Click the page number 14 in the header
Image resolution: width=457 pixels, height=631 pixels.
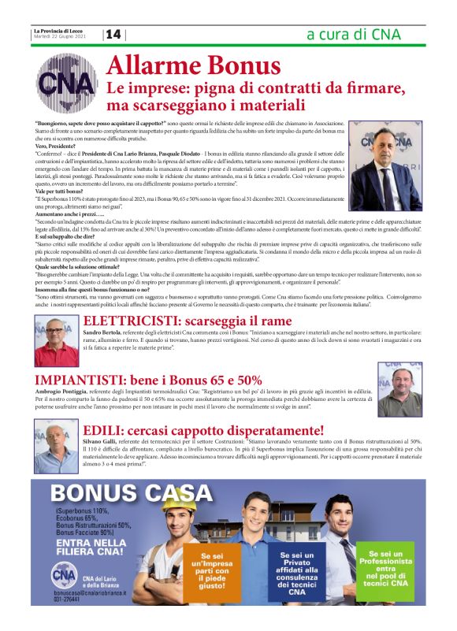pos(114,35)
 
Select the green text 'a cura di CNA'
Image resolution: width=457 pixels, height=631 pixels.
pos(353,35)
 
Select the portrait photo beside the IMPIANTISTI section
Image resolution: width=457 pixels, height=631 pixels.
pos(399,389)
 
